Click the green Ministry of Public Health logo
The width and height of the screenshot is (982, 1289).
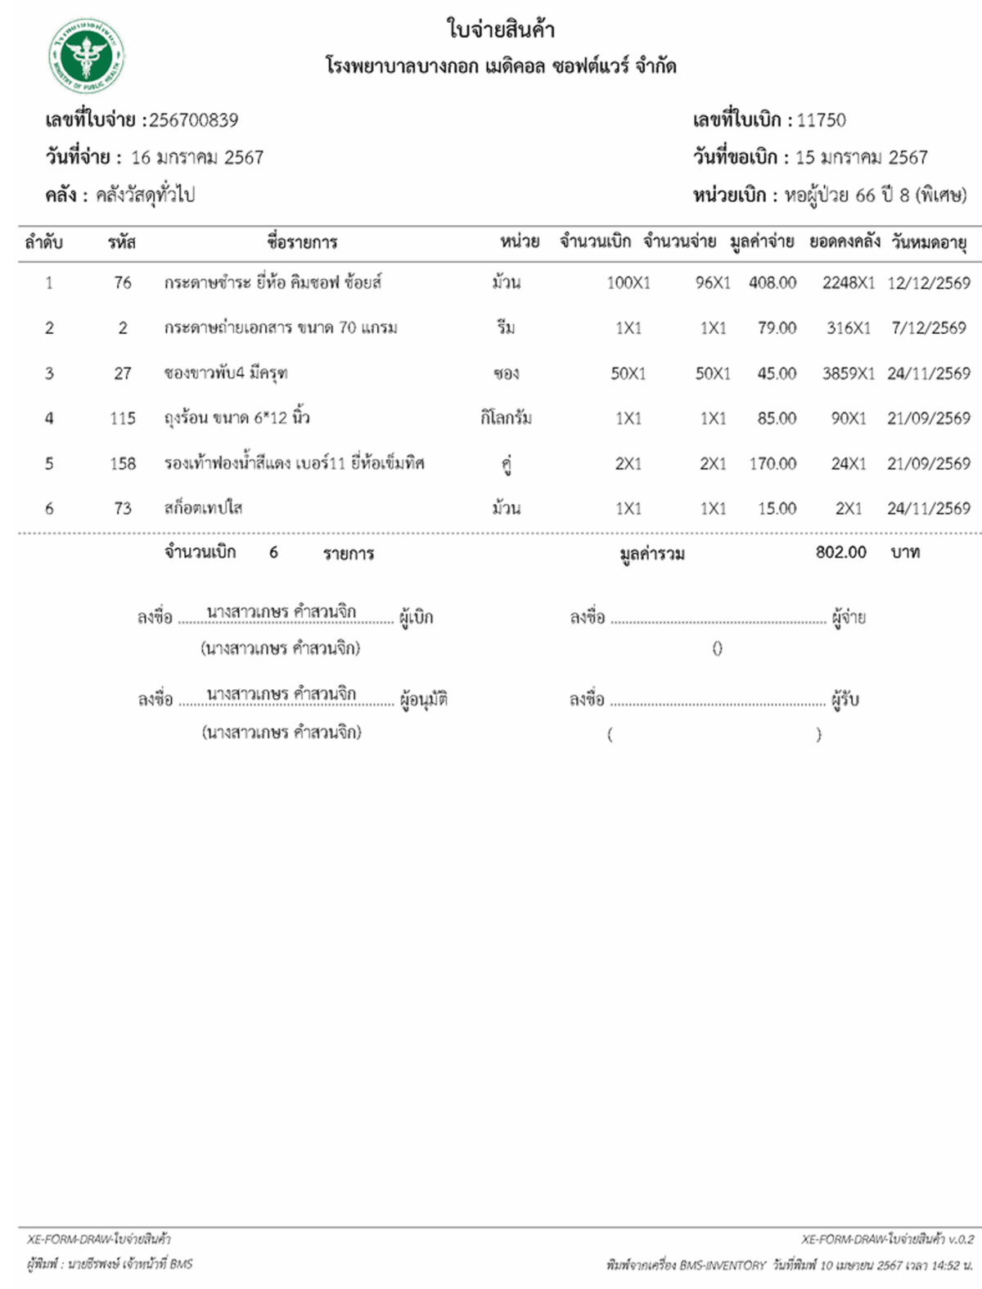[x=86, y=56]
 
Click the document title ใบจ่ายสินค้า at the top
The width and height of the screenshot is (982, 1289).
[x=500, y=29]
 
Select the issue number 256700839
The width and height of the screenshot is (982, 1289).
[x=193, y=120]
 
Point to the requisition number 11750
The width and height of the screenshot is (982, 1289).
[x=821, y=120]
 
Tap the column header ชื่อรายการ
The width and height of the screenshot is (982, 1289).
[x=302, y=242]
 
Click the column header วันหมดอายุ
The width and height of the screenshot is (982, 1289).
[x=929, y=242]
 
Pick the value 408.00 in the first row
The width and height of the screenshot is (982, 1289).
[x=772, y=283]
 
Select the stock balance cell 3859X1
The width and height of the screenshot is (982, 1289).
[x=848, y=373]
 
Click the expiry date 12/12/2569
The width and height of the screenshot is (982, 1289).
[x=928, y=283]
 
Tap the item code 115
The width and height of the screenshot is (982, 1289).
[x=123, y=418]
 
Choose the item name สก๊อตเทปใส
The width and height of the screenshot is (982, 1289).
[x=203, y=508]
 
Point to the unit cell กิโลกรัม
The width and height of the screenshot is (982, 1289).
[x=506, y=418]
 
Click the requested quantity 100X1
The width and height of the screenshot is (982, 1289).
[x=628, y=283]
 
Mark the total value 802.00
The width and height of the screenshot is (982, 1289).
[x=840, y=552]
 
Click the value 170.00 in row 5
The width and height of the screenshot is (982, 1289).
[x=772, y=463]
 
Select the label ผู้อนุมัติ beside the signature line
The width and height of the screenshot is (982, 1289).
[x=424, y=700]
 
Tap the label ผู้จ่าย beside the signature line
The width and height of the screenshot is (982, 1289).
[x=849, y=617]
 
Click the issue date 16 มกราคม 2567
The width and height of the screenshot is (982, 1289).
[x=197, y=157]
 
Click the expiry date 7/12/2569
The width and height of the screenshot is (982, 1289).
[x=929, y=328]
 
